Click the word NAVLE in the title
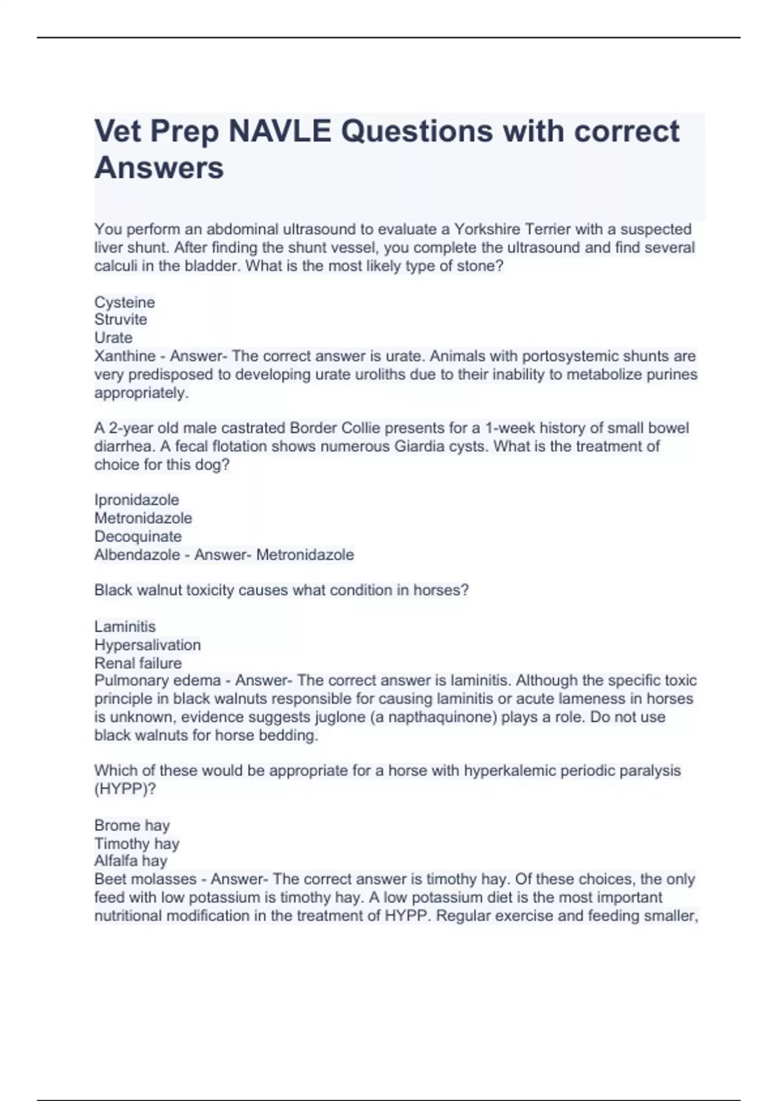[x=279, y=131]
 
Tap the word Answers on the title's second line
[x=159, y=168]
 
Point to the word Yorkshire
[x=487, y=229]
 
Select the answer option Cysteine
[x=124, y=302]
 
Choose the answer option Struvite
[x=121, y=319]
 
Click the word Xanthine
[x=124, y=356]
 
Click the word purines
[x=672, y=374]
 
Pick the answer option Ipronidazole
[x=137, y=500]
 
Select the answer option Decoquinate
[x=138, y=536]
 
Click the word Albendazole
[x=137, y=555]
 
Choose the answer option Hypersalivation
[x=148, y=645]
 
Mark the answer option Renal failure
[x=138, y=663]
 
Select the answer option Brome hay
[x=132, y=826]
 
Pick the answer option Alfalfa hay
[x=131, y=861]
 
